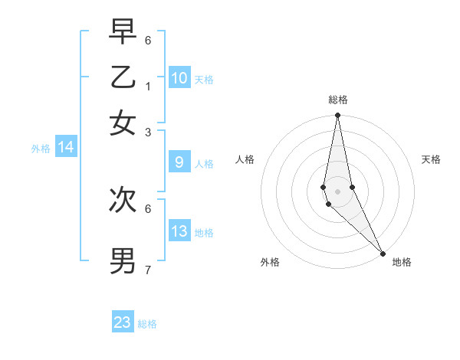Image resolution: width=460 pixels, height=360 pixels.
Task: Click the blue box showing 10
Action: (x=179, y=78)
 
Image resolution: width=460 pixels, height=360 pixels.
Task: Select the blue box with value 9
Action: (x=179, y=162)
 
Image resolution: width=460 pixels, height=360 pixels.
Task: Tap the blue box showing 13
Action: (x=179, y=231)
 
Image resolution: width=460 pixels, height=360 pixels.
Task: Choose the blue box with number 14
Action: (x=66, y=148)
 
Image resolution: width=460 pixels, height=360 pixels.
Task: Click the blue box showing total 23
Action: (x=123, y=322)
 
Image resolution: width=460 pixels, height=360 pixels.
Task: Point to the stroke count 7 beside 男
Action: (x=148, y=269)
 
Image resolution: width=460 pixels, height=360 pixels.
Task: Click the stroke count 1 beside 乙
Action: (x=148, y=85)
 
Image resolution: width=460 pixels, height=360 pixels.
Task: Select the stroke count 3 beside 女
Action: (x=148, y=132)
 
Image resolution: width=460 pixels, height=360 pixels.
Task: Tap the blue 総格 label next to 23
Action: (x=147, y=324)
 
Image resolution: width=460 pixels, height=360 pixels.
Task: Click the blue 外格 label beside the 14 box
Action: (x=41, y=149)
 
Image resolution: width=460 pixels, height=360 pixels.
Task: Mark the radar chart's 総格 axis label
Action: (x=338, y=100)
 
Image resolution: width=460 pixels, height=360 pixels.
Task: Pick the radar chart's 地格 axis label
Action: (x=402, y=262)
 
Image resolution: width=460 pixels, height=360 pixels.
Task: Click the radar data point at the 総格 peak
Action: (x=337, y=116)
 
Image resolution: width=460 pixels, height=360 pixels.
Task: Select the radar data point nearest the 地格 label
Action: (x=383, y=253)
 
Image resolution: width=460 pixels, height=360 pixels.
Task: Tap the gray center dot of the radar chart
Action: (x=337, y=191)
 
